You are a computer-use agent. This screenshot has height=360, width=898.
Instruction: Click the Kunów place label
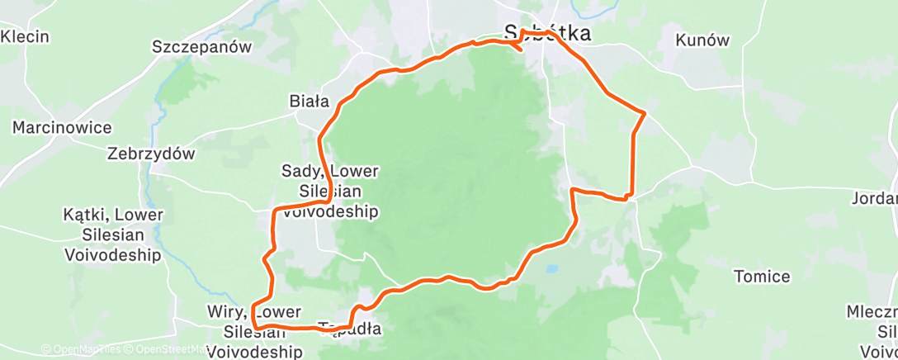point(703,40)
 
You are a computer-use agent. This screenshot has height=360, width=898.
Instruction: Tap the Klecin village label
point(26,37)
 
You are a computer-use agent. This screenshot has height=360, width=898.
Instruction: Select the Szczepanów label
point(201,47)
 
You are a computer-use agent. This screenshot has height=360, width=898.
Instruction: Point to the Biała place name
point(309,102)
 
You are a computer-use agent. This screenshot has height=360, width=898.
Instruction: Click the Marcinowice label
point(62,128)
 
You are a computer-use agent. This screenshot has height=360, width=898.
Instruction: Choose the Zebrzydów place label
point(151,154)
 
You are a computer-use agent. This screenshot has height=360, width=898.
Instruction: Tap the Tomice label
point(762,277)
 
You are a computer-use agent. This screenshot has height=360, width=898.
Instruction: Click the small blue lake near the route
point(552,268)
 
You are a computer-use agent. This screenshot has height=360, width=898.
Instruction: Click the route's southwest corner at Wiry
point(255,326)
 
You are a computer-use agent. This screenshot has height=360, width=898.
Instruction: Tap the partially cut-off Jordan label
point(876,198)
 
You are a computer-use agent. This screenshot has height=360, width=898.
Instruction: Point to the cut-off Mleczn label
point(872,312)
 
